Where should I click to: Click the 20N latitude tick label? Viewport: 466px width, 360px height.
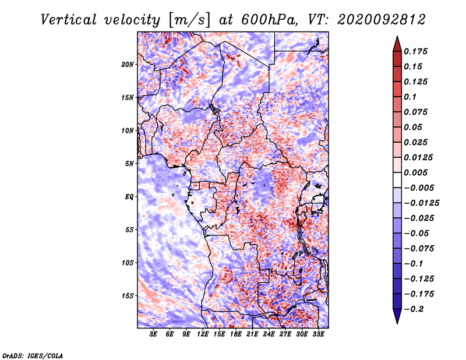tap(128, 65)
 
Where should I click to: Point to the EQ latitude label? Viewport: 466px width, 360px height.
tap(129, 197)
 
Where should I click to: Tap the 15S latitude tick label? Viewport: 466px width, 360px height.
tap(128, 296)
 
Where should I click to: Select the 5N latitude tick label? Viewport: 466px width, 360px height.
tap(129, 164)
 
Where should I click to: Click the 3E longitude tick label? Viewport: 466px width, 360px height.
tap(153, 334)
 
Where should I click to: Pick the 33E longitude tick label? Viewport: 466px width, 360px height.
tap(318, 334)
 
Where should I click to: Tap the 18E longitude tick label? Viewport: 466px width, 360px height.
tap(236, 334)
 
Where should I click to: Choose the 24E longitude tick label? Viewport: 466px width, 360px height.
tap(269, 334)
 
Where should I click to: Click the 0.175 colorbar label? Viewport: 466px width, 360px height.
tap(415, 51)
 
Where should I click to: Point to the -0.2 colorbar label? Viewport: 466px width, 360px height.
tap(414, 309)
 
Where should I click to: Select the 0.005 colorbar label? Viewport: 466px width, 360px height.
tap(415, 172)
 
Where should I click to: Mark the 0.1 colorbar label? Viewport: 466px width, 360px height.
tap(410, 97)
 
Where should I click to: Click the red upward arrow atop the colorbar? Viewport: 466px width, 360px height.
tap(397, 44)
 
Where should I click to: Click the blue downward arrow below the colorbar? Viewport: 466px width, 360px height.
tap(397, 316)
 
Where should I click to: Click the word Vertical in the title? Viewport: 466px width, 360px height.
tap(69, 20)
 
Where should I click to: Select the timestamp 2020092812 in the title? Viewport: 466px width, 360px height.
tap(382, 20)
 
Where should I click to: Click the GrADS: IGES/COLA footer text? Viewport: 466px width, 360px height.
tap(33, 355)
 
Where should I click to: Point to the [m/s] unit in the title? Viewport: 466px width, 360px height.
tap(189, 20)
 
